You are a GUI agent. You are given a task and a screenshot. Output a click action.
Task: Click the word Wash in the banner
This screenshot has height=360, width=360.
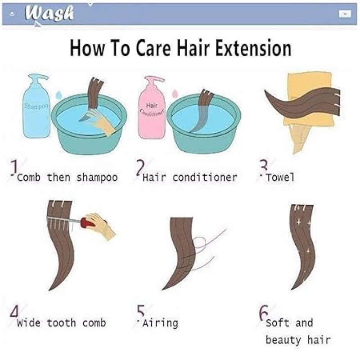[x=49, y=13]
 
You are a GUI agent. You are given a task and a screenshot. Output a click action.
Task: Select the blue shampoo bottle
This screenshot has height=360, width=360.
[x=36, y=106]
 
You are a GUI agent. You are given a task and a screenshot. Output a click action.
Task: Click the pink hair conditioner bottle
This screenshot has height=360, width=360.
[x=152, y=108]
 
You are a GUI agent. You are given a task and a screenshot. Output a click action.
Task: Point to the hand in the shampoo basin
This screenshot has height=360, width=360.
[x=101, y=121]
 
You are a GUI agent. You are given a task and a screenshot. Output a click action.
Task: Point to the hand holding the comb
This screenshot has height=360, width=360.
[x=100, y=225]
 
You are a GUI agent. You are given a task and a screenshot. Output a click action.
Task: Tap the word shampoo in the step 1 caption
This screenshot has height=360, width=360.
[x=97, y=178]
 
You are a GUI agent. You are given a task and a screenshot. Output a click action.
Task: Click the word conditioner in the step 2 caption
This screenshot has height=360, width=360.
[x=205, y=177]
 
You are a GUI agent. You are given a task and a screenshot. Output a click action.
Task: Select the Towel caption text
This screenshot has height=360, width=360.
[x=280, y=177]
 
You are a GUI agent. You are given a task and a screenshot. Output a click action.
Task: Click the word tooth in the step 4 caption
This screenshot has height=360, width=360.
[x=61, y=323]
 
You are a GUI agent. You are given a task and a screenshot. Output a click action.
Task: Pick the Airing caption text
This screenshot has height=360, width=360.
[x=160, y=323]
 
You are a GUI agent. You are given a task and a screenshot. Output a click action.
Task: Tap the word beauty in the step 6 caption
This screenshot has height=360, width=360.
[x=283, y=340]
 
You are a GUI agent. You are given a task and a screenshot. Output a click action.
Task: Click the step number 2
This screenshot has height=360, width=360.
[x=140, y=167]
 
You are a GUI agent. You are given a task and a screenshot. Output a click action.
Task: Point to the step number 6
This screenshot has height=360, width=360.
[x=264, y=313]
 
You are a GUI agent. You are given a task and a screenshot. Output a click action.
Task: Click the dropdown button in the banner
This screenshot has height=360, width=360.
[x=345, y=14]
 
